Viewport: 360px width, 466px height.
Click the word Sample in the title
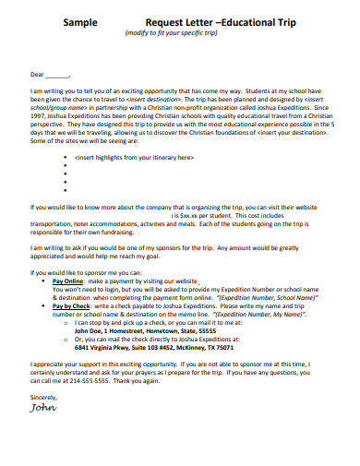tap(80, 18)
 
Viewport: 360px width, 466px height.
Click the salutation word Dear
tap(38, 73)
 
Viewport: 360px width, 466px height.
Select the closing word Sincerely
tap(44, 396)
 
